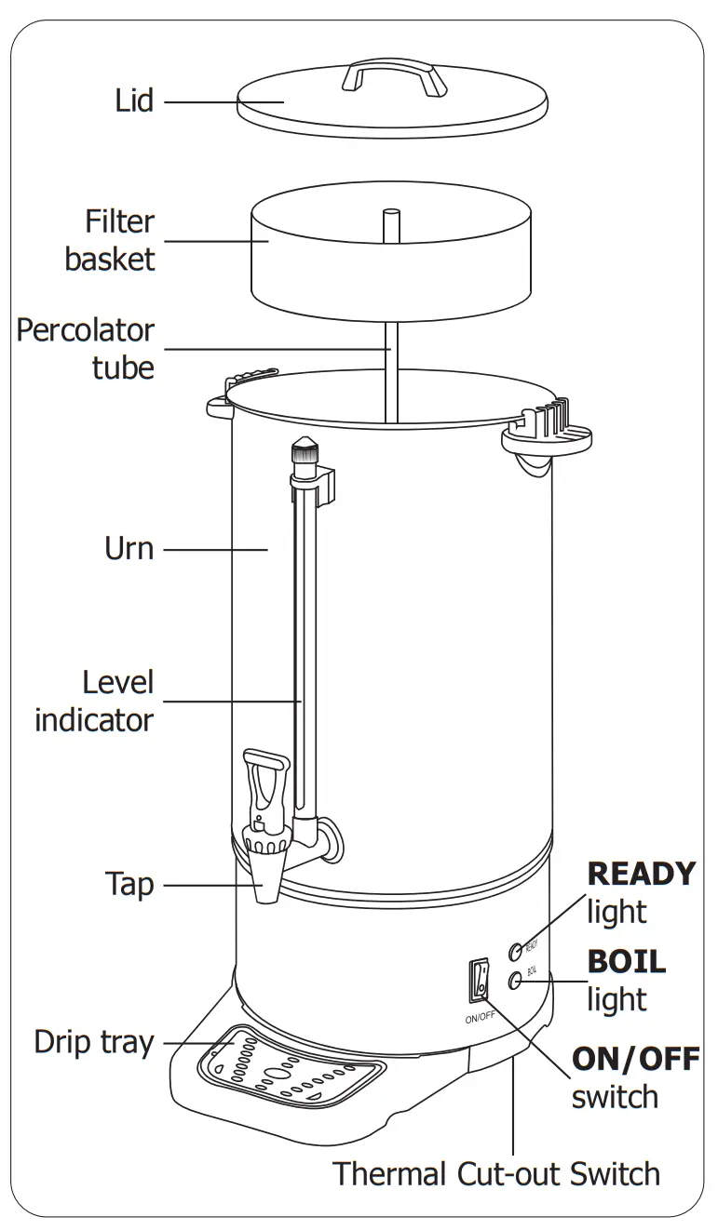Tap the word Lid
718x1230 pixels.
pos(134,100)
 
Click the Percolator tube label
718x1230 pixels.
pos(86,348)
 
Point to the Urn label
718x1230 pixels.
pos(129,548)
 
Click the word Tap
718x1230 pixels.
pos(129,884)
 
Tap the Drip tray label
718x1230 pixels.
pos(93,1041)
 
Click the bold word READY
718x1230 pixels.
pos(642,874)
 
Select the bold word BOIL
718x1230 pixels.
pos(627,961)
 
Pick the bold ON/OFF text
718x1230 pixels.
pos(635,1059)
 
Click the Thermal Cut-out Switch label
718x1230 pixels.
pos(496,1173)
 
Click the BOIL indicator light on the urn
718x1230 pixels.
pos(514,980)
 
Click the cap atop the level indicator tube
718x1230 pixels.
pos(304,453)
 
